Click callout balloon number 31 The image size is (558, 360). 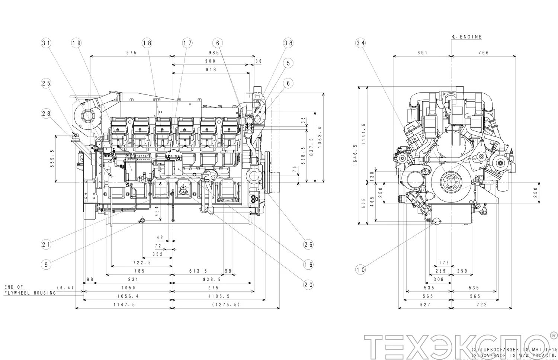pyautogui.click(x=46, y=43)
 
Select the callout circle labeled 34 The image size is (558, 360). pyautogui.click(x=360, y=43)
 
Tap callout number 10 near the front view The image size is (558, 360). pyautogui.click(x=360, y=270)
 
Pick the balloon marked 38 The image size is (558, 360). pyautogui.click(x=288, y=43)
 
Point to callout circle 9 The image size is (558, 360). pyautogui.click(x=46, y=265)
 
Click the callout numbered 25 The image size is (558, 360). pyautogui.click(x=46, y=83)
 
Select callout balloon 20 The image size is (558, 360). pyautogui.click(x=308, y=285)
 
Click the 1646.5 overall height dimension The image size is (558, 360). pyautogui.click(x=356, y=155)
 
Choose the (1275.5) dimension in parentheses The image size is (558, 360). pyautogui.click(x=226, y=305)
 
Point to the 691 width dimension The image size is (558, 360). pyautogui.click(x=422, y=53)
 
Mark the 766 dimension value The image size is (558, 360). pyautogui.click(x=484, y=53)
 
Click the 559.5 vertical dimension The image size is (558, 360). pyautogui.click(x=52, y=159)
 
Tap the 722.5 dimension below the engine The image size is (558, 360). pyautogui.click(x=142, y=263)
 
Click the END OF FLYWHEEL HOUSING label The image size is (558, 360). pyautogui.click(x=30, y=290)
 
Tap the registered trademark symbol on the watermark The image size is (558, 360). pyautogui.click(x=554, y=336)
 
